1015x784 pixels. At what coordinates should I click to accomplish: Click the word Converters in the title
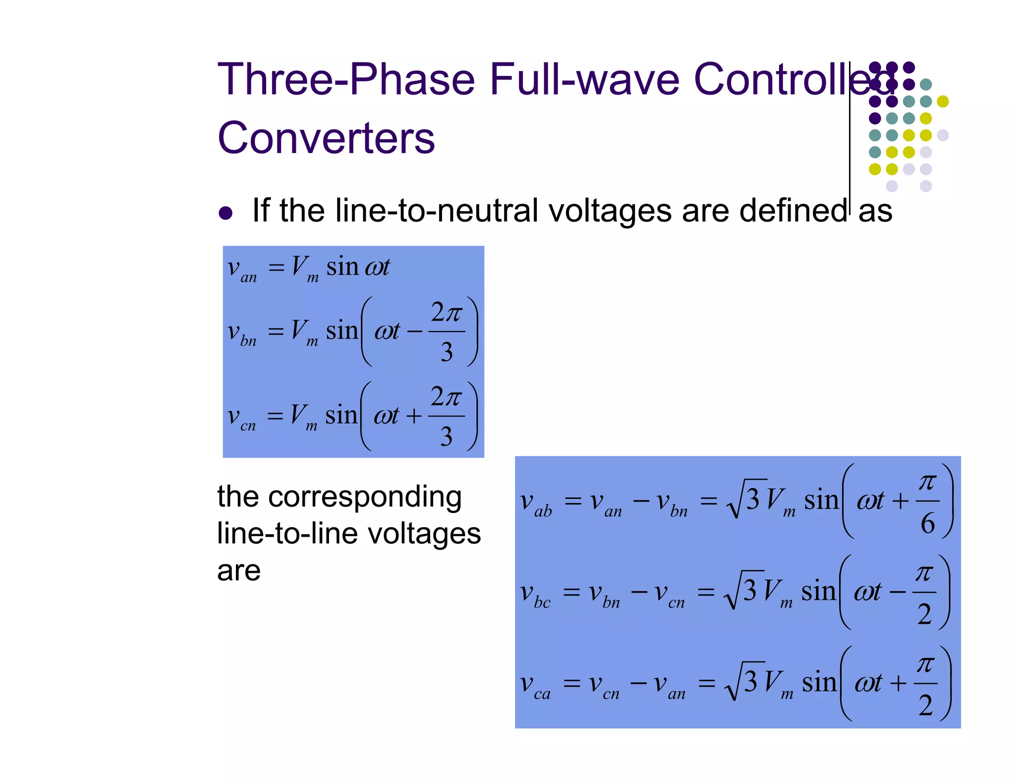coord(326,138)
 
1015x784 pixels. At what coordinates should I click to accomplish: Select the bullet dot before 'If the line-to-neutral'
coord(226,213)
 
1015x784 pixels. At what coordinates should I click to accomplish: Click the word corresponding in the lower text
coord(365,497)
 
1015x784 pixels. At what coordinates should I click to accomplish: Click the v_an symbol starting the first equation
coord(241,269)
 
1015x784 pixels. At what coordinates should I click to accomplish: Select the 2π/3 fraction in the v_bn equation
coord(447,332)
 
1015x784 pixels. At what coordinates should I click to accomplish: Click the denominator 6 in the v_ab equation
coord(928,523)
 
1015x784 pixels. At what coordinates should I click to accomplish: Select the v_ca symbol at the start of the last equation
coord(535,685)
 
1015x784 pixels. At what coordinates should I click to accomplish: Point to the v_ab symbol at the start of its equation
coord(535,503)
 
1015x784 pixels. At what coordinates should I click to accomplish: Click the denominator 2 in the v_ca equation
coord(925,705)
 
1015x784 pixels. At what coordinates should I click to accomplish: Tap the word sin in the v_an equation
coord(342,267)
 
